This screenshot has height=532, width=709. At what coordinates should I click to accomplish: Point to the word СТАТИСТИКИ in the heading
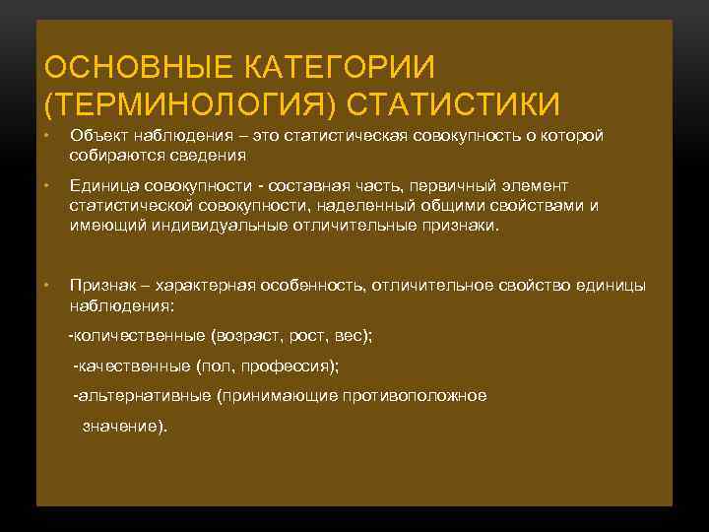point(454,104)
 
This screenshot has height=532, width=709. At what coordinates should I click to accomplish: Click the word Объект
point(98,136)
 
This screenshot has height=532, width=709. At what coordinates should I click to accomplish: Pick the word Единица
point(103,186)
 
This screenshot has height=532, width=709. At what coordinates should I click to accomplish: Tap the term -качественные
point(132,366)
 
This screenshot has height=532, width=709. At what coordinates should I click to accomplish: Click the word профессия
point(290,366)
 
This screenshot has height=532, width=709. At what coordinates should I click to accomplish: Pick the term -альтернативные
point(143,396)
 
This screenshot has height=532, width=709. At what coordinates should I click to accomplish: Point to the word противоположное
point(414,396)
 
